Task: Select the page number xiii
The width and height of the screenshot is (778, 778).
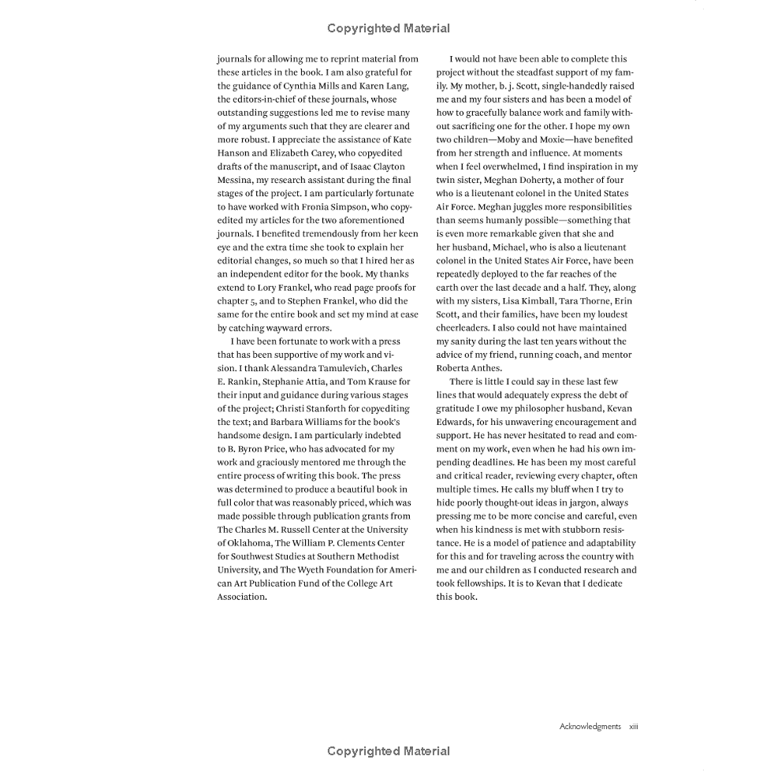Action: (x=633, y=727)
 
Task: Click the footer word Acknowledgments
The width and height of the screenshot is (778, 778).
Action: (x=590, y=727)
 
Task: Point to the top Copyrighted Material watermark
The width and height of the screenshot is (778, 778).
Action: (x=388, y=29)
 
